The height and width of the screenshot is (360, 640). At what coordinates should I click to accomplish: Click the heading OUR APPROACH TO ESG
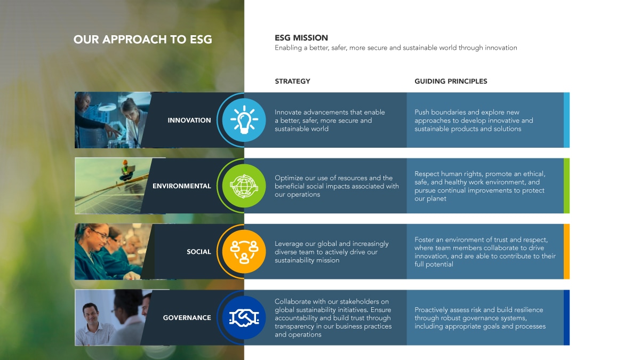point(142,39)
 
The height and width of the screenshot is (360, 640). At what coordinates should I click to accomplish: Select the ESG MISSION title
point(301,38)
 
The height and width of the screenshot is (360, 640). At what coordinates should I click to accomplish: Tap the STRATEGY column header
point(292,81)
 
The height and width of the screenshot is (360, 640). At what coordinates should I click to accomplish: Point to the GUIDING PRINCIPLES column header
point(451,81)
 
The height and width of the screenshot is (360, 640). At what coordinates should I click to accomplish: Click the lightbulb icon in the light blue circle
point(244,119)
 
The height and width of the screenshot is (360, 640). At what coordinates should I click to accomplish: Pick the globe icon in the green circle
point(244,186)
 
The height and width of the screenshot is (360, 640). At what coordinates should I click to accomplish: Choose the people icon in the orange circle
point(244,252)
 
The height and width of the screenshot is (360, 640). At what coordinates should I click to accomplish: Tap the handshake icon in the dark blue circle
point(244,318)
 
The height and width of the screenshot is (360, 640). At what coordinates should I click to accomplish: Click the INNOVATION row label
point(189,121)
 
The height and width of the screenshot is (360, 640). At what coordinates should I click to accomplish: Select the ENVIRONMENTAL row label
point(182,186)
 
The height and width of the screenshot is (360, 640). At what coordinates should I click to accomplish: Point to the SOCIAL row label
point(198,252)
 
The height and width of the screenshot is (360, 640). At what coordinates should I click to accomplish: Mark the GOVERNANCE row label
point(187,318)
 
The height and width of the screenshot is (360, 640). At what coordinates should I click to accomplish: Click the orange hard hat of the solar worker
point(125,162)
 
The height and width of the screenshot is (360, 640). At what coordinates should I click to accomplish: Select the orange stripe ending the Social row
point(566,251)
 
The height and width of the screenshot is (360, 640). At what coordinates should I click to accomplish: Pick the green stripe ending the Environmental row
point(566,186)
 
